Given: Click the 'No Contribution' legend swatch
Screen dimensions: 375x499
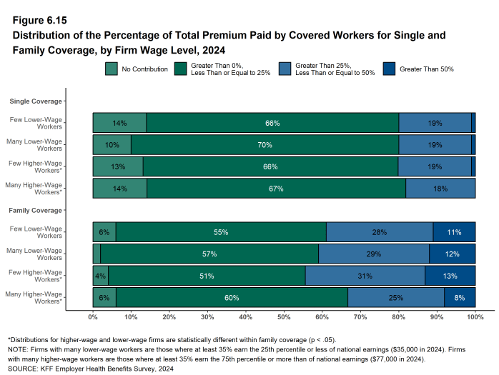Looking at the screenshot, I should (x=112, y=69).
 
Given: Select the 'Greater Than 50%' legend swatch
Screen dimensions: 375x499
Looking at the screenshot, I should (x=390, y=69).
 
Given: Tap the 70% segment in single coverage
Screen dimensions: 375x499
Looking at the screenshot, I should (x=265, y=145).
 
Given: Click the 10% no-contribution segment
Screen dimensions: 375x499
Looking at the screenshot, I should (x=112, y=145).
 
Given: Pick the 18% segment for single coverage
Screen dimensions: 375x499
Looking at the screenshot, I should (x=440, y=189).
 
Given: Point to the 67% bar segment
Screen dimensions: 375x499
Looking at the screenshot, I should (x=276, y=189).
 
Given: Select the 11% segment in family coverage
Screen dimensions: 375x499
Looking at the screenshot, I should (x=454, y=232).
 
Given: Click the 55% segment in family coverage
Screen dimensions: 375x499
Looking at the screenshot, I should (x=220, y=232).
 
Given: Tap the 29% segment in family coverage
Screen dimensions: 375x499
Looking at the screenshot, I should (x=374, y=254).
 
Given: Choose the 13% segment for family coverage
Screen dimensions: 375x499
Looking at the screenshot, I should (x=450, y=276).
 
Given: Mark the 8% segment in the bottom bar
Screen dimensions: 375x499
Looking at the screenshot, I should (x=460, y=298).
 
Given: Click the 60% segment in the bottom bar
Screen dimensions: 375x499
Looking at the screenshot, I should (x=232, y=298).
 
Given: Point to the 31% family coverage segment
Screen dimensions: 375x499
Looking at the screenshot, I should (x=365, y=276).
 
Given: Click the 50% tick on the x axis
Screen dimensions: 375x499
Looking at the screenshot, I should (x=284, y=316).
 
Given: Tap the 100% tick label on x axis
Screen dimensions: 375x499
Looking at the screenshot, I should (x=475, y=316).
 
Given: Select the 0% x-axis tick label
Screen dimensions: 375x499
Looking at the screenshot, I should (x=93, y=316).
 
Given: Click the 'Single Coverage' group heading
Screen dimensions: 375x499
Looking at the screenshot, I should (x=35, y=101).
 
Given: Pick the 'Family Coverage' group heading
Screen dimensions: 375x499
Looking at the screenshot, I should (x=35, y=211).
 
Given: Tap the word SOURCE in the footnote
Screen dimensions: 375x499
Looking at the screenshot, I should (x=22, y=369).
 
